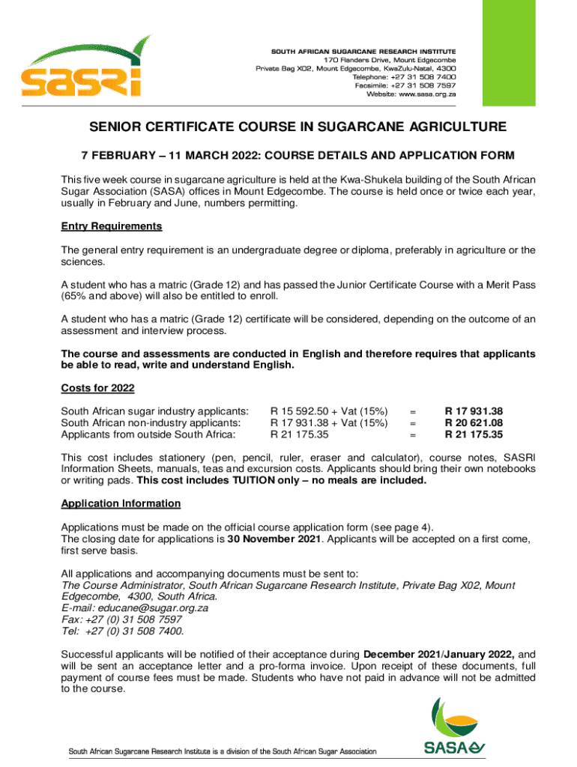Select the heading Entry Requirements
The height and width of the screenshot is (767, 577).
tap(112, 226)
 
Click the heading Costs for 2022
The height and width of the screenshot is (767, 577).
tap(97, 388)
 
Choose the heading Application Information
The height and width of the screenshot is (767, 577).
tap(121, 503)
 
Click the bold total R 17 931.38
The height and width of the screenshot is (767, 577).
tap(474, 410)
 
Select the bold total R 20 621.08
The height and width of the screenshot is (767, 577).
tap(474, 422)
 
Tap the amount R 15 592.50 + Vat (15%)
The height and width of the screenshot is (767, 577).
tap(329, 410)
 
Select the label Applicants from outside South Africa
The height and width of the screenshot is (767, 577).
tap(148, 434)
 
